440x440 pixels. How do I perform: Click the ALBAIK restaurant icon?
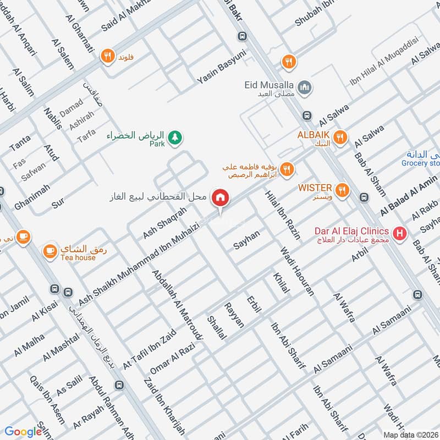(x=341, y=137)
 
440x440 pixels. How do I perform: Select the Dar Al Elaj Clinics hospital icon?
(x=400, y=233)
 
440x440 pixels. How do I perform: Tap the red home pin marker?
(x=221, y=197)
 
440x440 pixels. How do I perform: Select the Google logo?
(x=23, y=432)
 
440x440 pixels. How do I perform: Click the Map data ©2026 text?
(x=410, y=434)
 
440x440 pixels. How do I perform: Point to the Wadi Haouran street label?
(x=297, y=272)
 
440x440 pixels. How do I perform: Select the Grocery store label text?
(x=420, y=163)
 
